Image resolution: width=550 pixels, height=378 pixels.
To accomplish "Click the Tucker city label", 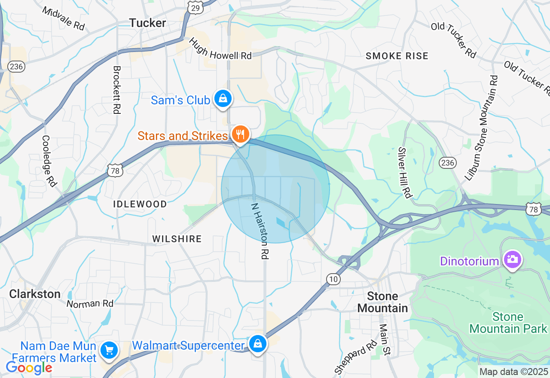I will coord(147,23).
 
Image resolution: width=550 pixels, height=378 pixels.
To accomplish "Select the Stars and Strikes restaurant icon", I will coord(241,134).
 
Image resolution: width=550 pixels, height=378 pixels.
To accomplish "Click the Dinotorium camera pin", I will coord(512,259).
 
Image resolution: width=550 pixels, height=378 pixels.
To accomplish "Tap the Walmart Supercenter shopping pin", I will coord(257,344).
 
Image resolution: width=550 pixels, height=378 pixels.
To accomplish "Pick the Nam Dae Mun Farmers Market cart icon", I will coord(109,351).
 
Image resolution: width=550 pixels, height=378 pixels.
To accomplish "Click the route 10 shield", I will coord(333,279).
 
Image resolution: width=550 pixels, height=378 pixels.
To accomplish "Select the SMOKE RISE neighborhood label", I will coord(397,56).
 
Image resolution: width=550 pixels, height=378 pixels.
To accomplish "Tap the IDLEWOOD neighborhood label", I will coord(140,204).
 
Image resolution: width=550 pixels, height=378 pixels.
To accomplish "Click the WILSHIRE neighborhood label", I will coord(177,239).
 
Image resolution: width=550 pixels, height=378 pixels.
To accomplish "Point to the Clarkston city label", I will coord(35,294).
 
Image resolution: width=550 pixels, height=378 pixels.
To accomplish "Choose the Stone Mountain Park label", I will coord(508,323).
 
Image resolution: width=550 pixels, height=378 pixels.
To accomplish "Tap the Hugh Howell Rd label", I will coord(220,49).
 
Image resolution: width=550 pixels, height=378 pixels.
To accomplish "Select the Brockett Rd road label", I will coord(116,89).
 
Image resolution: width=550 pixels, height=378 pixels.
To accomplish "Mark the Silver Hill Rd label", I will coord(404,172).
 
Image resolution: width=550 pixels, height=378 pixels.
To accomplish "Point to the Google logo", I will coord(29,368).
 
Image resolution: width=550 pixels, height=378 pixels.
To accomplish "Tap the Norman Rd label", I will coord(90,304).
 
